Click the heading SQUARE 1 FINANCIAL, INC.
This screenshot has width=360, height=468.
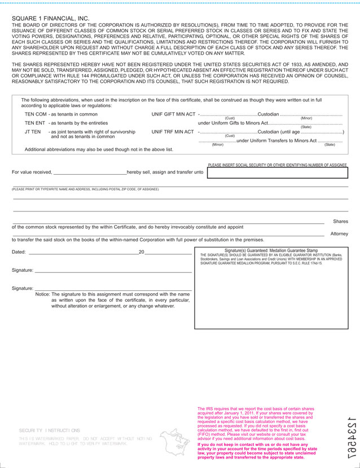pos(50,19)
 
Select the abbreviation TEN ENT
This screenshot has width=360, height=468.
pos(35,122)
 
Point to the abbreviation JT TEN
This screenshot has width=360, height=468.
pos(33,131)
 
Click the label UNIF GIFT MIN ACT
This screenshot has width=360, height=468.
pos(173,114)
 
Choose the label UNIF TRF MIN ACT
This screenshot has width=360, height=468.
pos(173,131)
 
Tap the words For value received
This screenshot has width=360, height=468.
pos(32,172)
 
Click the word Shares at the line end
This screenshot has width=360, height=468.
pos(340,222)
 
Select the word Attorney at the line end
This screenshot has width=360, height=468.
pos(339,233)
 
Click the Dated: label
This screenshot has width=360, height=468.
pos(19,252)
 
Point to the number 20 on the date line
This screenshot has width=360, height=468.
pos(142,252)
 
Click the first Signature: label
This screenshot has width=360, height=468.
pos(23,270)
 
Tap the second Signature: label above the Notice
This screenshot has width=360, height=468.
pos(23,288)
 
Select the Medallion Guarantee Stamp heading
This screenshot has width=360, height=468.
pos(271,250)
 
